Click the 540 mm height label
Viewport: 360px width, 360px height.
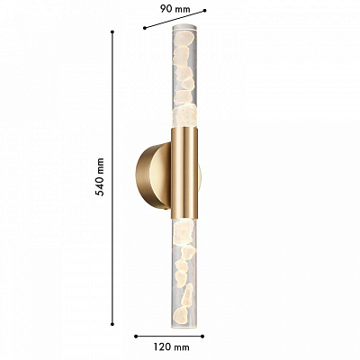(x=100, y=177)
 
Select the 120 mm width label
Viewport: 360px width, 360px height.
(x=172, y=347)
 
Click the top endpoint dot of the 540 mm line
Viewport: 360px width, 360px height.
(x=112, y=31)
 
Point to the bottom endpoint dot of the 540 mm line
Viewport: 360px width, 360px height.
(x=112, y=324)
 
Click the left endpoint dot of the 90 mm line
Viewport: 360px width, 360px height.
(x=145, y=28)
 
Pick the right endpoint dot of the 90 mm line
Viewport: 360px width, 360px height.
(x=204, y=10)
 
